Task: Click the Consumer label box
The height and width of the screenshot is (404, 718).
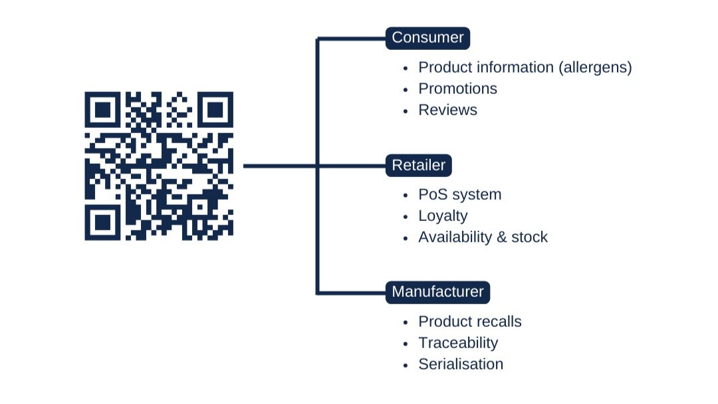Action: pos(427,38)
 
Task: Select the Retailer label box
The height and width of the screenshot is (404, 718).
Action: pos(418,165)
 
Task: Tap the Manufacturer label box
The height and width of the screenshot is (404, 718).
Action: pos(437,292)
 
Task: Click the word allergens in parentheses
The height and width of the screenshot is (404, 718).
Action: pos(595,68)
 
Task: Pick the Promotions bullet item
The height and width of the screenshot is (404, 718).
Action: pos(457,89)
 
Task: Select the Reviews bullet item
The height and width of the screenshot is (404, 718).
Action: pos(447,110)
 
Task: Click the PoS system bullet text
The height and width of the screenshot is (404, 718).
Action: pos(459,194)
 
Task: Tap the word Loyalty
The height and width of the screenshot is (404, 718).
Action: pos(443,216)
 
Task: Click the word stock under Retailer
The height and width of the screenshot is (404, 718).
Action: pos(529,237)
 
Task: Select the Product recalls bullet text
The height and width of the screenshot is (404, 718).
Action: pos(469,321)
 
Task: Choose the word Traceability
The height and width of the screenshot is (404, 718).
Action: pos(457,343)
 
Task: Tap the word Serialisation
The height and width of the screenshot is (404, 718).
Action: pos(460,364)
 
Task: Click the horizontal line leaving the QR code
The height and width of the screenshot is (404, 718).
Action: pos(279,166)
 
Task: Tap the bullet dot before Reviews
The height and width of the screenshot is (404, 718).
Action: pos(406,110)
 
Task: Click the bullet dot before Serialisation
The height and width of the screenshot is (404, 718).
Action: pos(406,365)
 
